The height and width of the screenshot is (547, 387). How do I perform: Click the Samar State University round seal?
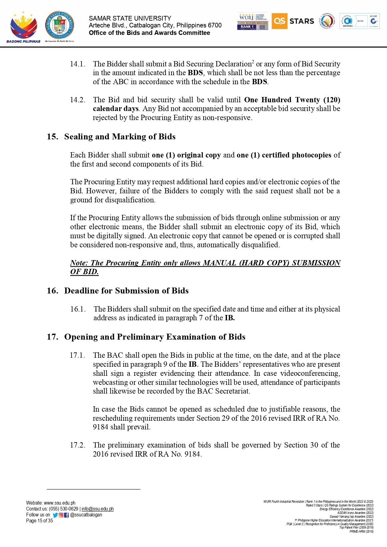click(60, 25)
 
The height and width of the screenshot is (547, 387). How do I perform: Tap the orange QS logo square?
click(279, 21)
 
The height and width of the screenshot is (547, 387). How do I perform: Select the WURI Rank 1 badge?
click(252, 22)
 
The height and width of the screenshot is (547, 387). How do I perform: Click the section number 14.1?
click(77, 64)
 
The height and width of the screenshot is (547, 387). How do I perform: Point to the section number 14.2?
click(77, 100)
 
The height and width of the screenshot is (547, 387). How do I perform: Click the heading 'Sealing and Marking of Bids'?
click(120, 137)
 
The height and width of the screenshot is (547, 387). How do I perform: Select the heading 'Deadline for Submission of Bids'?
click(126, 291)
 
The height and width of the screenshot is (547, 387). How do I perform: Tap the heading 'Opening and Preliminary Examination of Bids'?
click(155, 337)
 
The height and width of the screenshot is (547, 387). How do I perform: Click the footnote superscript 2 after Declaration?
click(253, 62)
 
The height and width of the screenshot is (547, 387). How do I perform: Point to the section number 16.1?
click(78, 309)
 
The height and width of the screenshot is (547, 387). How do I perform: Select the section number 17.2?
click(77, 445)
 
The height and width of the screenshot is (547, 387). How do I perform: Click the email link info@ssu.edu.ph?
click(98, 509)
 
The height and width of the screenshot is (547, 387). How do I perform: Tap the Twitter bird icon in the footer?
click(55, 515)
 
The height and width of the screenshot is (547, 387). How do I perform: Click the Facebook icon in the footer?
click(66, 515)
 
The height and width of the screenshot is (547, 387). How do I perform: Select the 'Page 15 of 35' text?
click(40, 521)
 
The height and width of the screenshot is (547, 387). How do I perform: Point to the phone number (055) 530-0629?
click(64, 509)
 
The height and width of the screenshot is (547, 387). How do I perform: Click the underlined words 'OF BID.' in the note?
click(84, 272)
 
